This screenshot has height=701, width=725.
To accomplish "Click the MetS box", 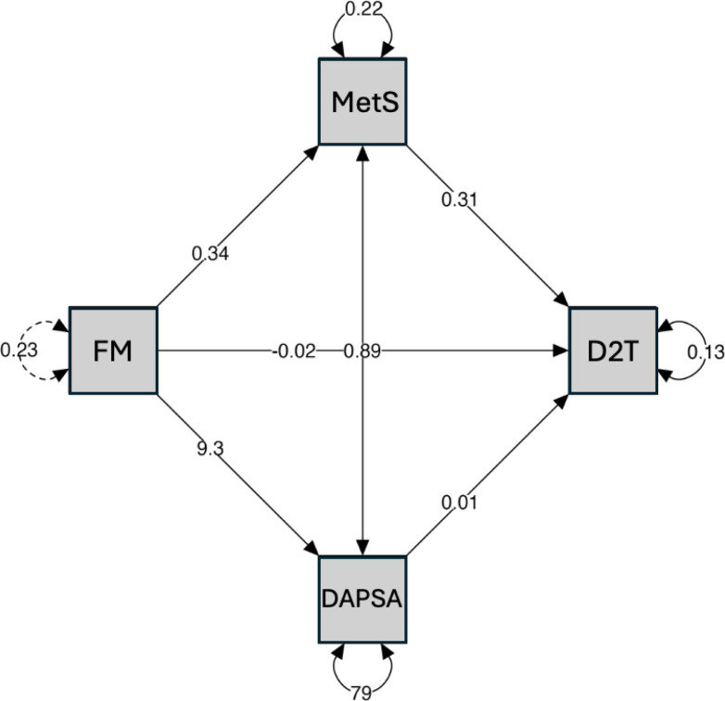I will (362, 101).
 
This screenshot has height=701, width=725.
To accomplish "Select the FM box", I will (113, 350).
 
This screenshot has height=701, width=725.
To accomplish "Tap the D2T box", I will (612, 350).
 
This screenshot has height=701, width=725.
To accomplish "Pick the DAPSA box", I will (362, 599).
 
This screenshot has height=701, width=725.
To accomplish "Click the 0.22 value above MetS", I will (362, 11).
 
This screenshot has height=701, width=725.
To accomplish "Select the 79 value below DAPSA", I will (362, 691).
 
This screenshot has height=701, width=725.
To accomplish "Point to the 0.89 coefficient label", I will (362, 350).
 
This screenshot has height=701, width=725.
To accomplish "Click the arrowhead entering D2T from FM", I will (563, 350).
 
